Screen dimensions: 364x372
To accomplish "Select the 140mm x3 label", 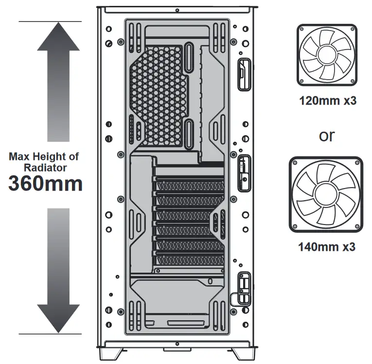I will pyautogui.click(x=327, y=247).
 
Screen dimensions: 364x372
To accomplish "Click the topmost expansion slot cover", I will pyautogui.click(x=190, y=186).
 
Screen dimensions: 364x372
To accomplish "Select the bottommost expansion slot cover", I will pyautogui.click(x=190, y=260).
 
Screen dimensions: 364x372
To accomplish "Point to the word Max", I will pyautogui.click(x=19, y=157).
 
